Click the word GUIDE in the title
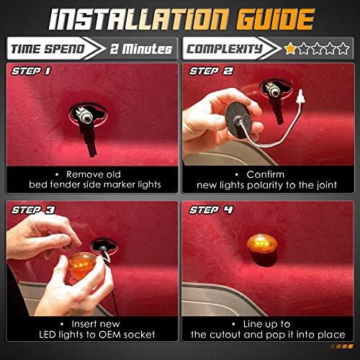(275, 19)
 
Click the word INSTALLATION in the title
(138, 19)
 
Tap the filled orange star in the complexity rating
(290, 48)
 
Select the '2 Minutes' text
(141, 49)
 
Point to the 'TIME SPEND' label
(48, 49)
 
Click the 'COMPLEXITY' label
(224, 49)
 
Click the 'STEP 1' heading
(31, 71)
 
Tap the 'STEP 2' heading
(211, 71)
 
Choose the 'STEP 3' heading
(33, 210)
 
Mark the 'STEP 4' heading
(211, 210)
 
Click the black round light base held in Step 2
(238, 120)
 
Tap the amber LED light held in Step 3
(82, 265)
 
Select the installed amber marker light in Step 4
(262, 250)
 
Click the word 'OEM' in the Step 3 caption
(109, 334)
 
